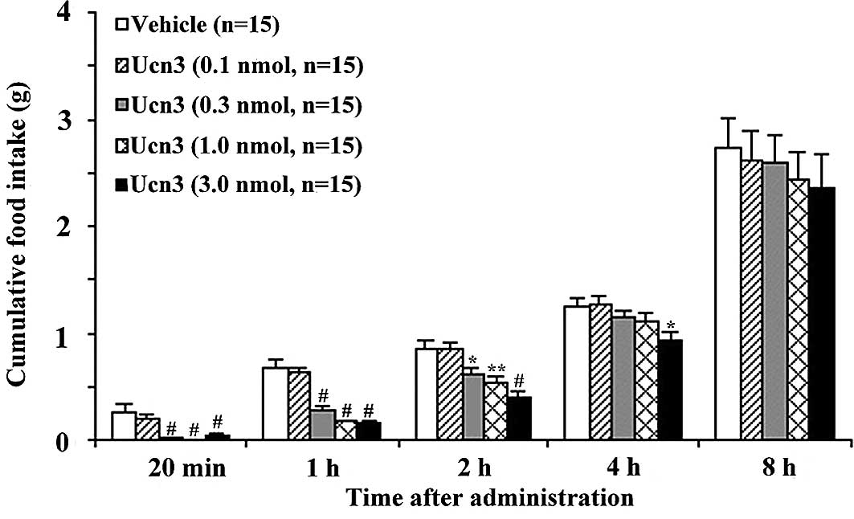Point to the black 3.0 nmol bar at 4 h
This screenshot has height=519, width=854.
point(670,390)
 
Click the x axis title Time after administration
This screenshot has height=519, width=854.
point(490,498)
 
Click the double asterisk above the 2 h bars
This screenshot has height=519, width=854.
point(496,370)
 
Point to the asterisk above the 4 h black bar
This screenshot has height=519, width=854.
point(670,326)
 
